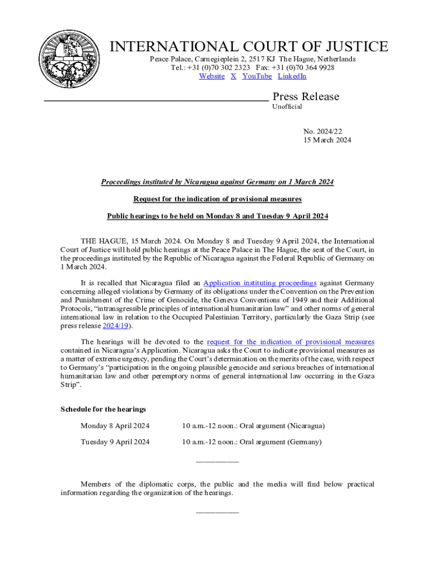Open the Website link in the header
pos(211,76)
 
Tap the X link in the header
pos(233,76)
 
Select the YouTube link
pos(257,76)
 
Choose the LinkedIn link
pos(292,76)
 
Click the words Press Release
pos(306,97)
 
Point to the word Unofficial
pos(287,106)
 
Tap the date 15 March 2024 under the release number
pos(327,140)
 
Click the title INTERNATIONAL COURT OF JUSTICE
pos(249,47)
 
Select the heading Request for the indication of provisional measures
pos(217,199)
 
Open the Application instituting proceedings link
pos(260,282)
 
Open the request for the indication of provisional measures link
pos(290,342)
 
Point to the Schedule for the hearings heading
pos(103,409)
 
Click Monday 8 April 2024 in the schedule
pos(115,426)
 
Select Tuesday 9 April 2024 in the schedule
pos(115,442)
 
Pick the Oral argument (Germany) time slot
pos(252,442)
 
